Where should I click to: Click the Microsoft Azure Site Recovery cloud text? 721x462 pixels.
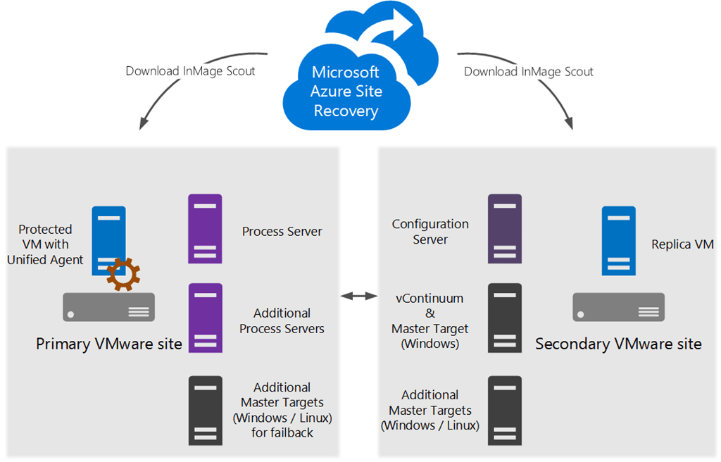pyautogui.click(x=346, y=92)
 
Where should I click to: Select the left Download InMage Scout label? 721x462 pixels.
pyautogui.click(x=190, y=71)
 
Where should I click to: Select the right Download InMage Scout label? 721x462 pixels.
pyautogui.click(x=528, y=71)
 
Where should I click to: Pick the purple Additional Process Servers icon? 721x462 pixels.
pyautogui.click(x=205, y=318)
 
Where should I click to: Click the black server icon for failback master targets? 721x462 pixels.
pyautogui.click(x=205, y=411)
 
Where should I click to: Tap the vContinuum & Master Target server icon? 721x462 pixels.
pyautogui.click(x=505, y=318)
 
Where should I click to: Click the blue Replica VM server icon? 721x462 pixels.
pyautogui.click(x=618, y=240)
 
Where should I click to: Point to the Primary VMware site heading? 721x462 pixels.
pyautogui.click(x=109, y=344)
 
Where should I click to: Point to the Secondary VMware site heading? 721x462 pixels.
pyautogui.click(x=618, y=344)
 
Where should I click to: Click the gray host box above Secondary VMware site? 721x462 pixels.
pyautogui.click(x=618, y=307)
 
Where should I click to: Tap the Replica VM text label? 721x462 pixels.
pyautogui.click(x=682, y=245)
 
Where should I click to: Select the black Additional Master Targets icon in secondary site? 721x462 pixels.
pyautogui.click(x=505, y=411)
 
